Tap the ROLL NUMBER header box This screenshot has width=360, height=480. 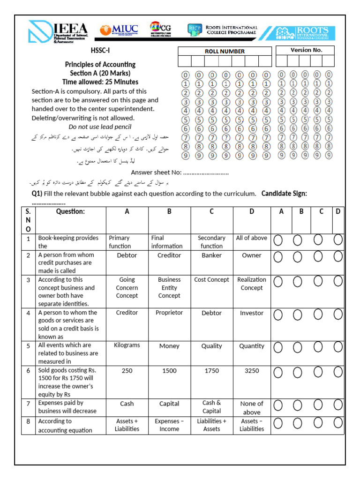(225, 51)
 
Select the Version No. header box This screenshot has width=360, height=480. (306, 50)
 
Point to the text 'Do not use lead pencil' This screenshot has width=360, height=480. (100, 127)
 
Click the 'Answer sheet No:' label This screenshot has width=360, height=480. (156, 172)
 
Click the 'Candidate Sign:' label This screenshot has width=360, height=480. (284, 194)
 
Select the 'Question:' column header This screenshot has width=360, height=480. (70, 211)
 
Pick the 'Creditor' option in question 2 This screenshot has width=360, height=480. (169, 255)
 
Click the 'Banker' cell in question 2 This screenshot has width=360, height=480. (211, 255)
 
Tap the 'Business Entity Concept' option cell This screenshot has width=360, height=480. (169, 288)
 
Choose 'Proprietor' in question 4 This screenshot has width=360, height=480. (169, 313)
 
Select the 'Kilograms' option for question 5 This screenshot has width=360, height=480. (127, 345)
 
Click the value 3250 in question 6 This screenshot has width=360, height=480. (252, 370)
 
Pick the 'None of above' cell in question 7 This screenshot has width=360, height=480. (252, 408)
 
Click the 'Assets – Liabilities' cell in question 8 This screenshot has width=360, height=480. (252, 425)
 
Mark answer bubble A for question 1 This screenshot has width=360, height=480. (278, 240)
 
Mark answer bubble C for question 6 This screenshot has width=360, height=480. (318, 372)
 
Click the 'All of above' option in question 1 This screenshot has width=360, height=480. (252, 238)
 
